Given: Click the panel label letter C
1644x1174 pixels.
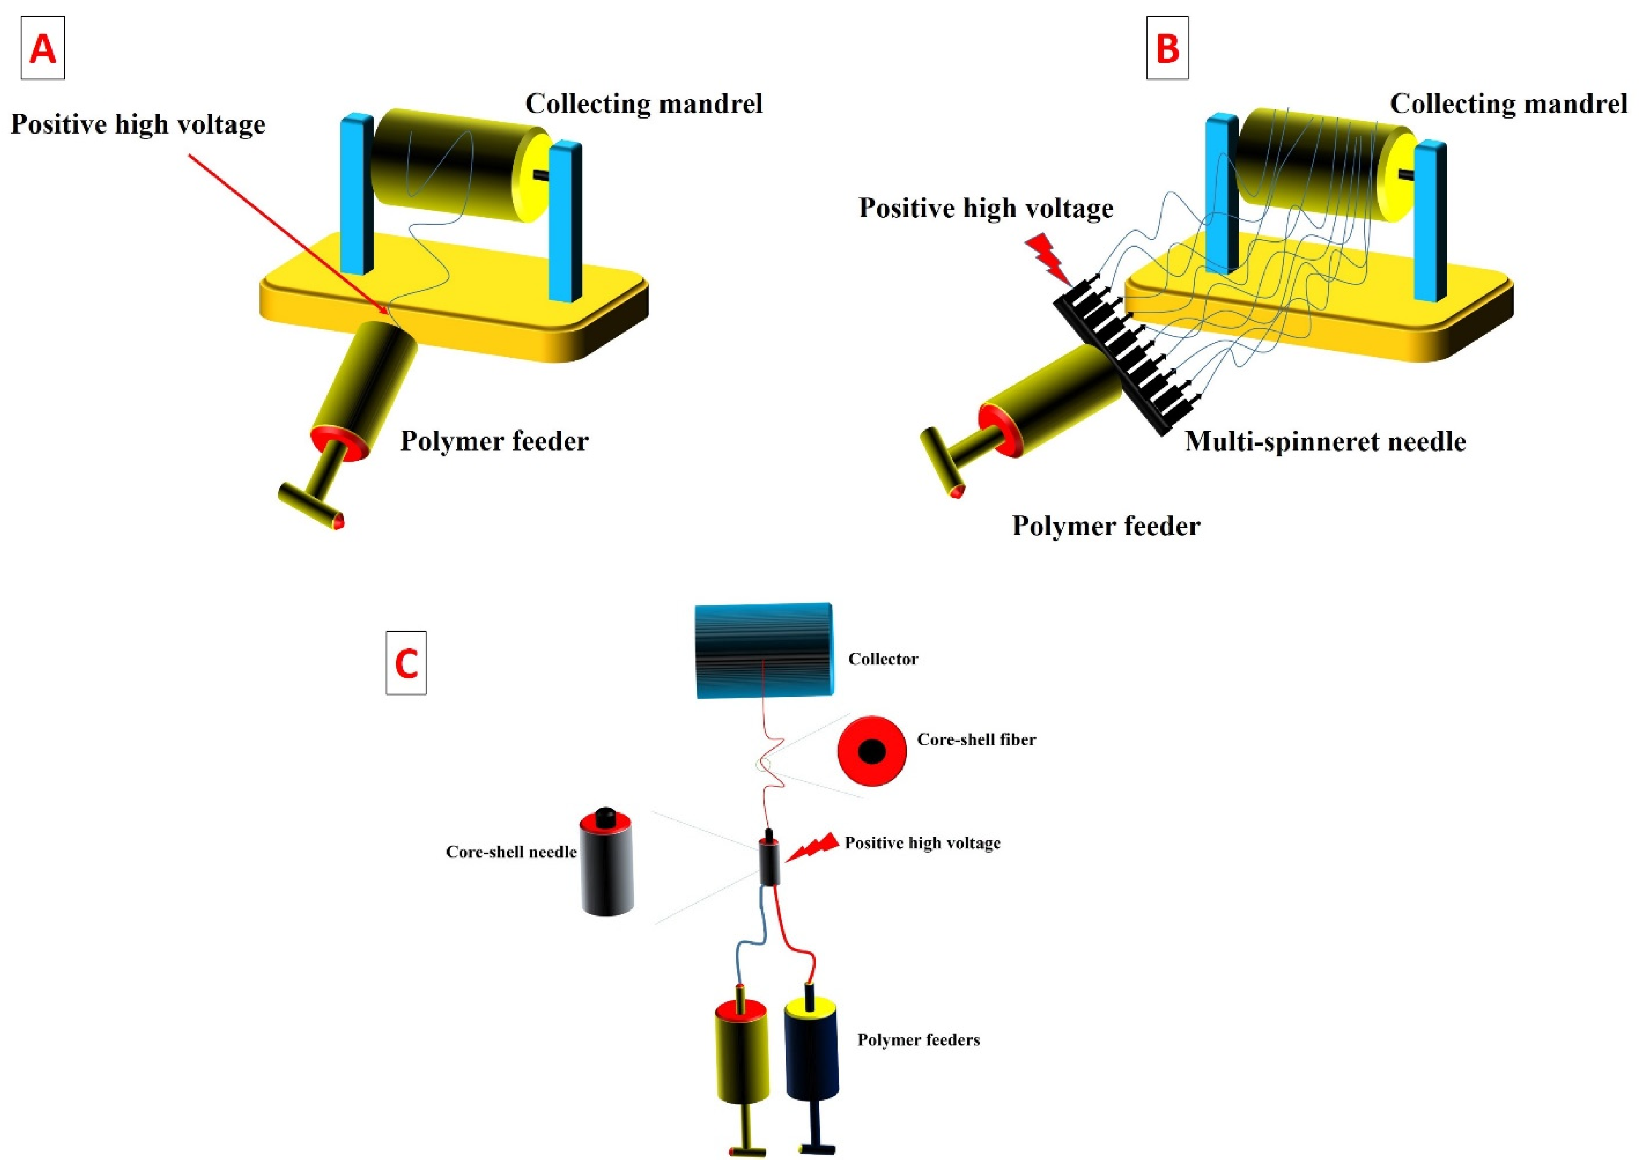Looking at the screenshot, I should coord(406,663).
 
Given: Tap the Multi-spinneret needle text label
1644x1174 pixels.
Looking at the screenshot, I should coord(1325,441).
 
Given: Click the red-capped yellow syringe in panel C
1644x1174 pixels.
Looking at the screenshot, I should coord(741,1055).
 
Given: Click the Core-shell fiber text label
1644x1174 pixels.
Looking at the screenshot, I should coord(975,739).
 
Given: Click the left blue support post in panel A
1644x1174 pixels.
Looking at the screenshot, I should coord(356,194).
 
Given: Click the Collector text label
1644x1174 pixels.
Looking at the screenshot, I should coord(882,658).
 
